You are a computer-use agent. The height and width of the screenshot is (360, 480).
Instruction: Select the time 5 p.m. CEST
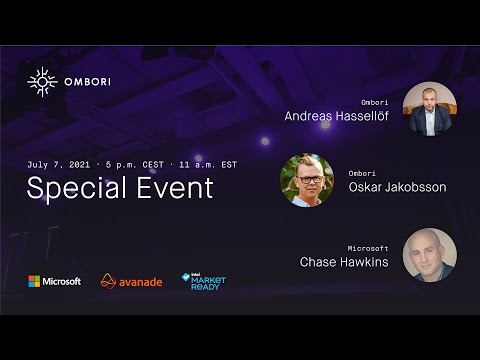[136, 163]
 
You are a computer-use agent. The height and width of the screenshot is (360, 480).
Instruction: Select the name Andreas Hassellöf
[337, 116]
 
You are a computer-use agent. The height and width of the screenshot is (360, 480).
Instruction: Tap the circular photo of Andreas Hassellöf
[430, 108]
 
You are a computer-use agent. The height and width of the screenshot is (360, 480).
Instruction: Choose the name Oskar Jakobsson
[397, 186]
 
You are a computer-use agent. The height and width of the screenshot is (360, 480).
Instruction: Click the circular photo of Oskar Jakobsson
[307, 180]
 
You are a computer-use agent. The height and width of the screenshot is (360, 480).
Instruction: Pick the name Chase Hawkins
[344, 262]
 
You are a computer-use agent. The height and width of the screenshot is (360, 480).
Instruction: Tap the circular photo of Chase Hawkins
[430, 255]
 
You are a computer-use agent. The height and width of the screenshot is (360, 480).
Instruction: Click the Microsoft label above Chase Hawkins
[368, 247]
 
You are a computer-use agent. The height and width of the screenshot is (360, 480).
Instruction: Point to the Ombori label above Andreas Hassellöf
[374, 102]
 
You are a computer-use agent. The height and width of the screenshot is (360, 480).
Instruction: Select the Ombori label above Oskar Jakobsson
[362, 172]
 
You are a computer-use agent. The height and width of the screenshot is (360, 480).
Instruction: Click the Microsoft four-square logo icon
[34, 281]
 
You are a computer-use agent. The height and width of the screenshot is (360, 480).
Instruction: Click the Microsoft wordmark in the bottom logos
[62, 281]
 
